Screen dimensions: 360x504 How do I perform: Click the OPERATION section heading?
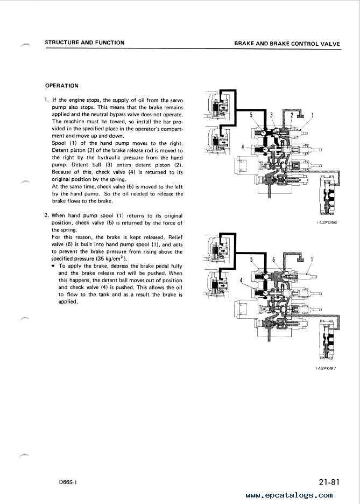pyautogui.click(x=62, y=86)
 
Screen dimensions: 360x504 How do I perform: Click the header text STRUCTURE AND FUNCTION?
pyautogui.click(x=84, y=43)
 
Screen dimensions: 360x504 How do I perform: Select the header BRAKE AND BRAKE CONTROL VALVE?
pyautogui.click(x=287, y=44)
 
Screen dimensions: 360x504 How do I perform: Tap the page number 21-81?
pyautogui.click(x=329, y=482)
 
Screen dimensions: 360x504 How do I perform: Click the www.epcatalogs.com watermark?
pyautogui.click(x=290, y=495)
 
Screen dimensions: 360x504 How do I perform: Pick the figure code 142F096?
pyautogui.click(x=327, y=222)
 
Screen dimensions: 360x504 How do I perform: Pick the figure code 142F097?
pyautogui.click(x=326, y=368)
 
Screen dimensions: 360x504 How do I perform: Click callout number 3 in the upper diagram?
pyautogui.click(x=271, y=115)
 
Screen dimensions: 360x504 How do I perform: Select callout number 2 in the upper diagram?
pyautogui.click(x=292, y=115)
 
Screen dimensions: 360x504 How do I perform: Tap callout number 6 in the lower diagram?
pyautogui.click(x=273, y=259)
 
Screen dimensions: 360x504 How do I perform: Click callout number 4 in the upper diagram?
pyautogui.click(x=243, y=147)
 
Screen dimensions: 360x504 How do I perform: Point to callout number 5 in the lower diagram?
pyautogui.click(x=251, y=259)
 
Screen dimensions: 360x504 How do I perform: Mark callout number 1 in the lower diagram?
pyautogui.click(x=312, y=260)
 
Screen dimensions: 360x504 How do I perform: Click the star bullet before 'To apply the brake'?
pyautogui.click(x=53, y=266)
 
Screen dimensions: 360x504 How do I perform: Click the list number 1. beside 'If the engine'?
pyautogui.click(x=47, y=100)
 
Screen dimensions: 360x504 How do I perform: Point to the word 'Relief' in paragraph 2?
pyautogui.click(x=175, y=237)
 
